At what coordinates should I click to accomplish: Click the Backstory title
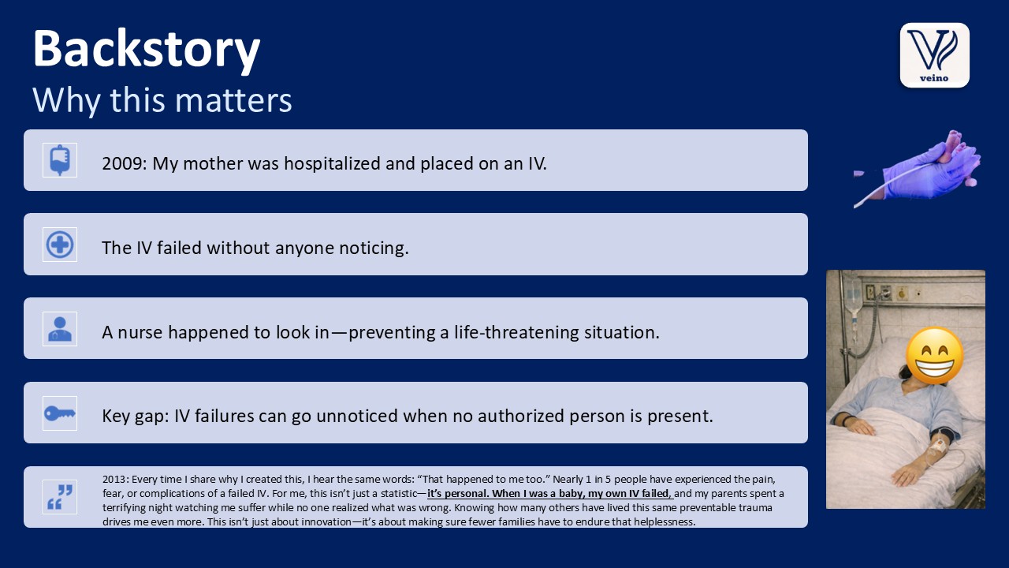(x=147, y=49)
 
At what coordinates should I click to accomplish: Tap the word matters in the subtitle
(x=233, y=99)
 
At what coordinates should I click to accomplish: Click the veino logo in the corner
(x=935, y=55)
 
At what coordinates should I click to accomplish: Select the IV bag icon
(x=60, y=160)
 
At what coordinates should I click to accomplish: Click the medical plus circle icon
(x=60, y=245)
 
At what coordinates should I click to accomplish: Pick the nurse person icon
(x=60, y=329)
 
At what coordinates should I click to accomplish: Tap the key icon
(x=60, y=413)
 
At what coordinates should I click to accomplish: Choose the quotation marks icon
(x=60, y=497)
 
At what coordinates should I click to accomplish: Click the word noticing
(x=374, y=248)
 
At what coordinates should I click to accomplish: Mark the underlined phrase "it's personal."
(x=458, y=494)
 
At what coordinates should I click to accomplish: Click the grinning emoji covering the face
(x=934, y=356)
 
